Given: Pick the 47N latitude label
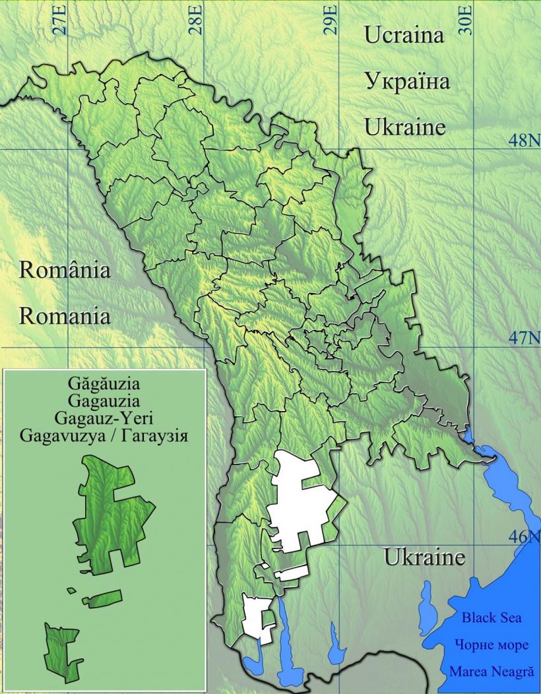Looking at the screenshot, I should (x=525, y=338).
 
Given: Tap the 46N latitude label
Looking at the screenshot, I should (x=525, y=536).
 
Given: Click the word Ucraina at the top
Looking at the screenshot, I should (x=404, y=36).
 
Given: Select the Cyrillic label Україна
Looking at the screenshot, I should (x=407, y=82).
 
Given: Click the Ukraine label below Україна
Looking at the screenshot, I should (x=405, y=127).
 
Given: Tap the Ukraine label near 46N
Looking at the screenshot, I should (x=424, y=557).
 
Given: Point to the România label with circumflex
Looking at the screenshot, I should (x=65, y=270).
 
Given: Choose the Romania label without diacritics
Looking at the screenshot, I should (x=65, y=316).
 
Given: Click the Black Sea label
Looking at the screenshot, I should (x=491, y=618).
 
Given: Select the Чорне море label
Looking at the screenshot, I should (x=491, y=645).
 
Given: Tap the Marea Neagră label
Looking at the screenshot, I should (x=491, y=672).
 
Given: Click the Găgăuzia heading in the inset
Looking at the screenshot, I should (x=104, y=383).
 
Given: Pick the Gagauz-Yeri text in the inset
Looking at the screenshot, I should (x=104, y=418).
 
